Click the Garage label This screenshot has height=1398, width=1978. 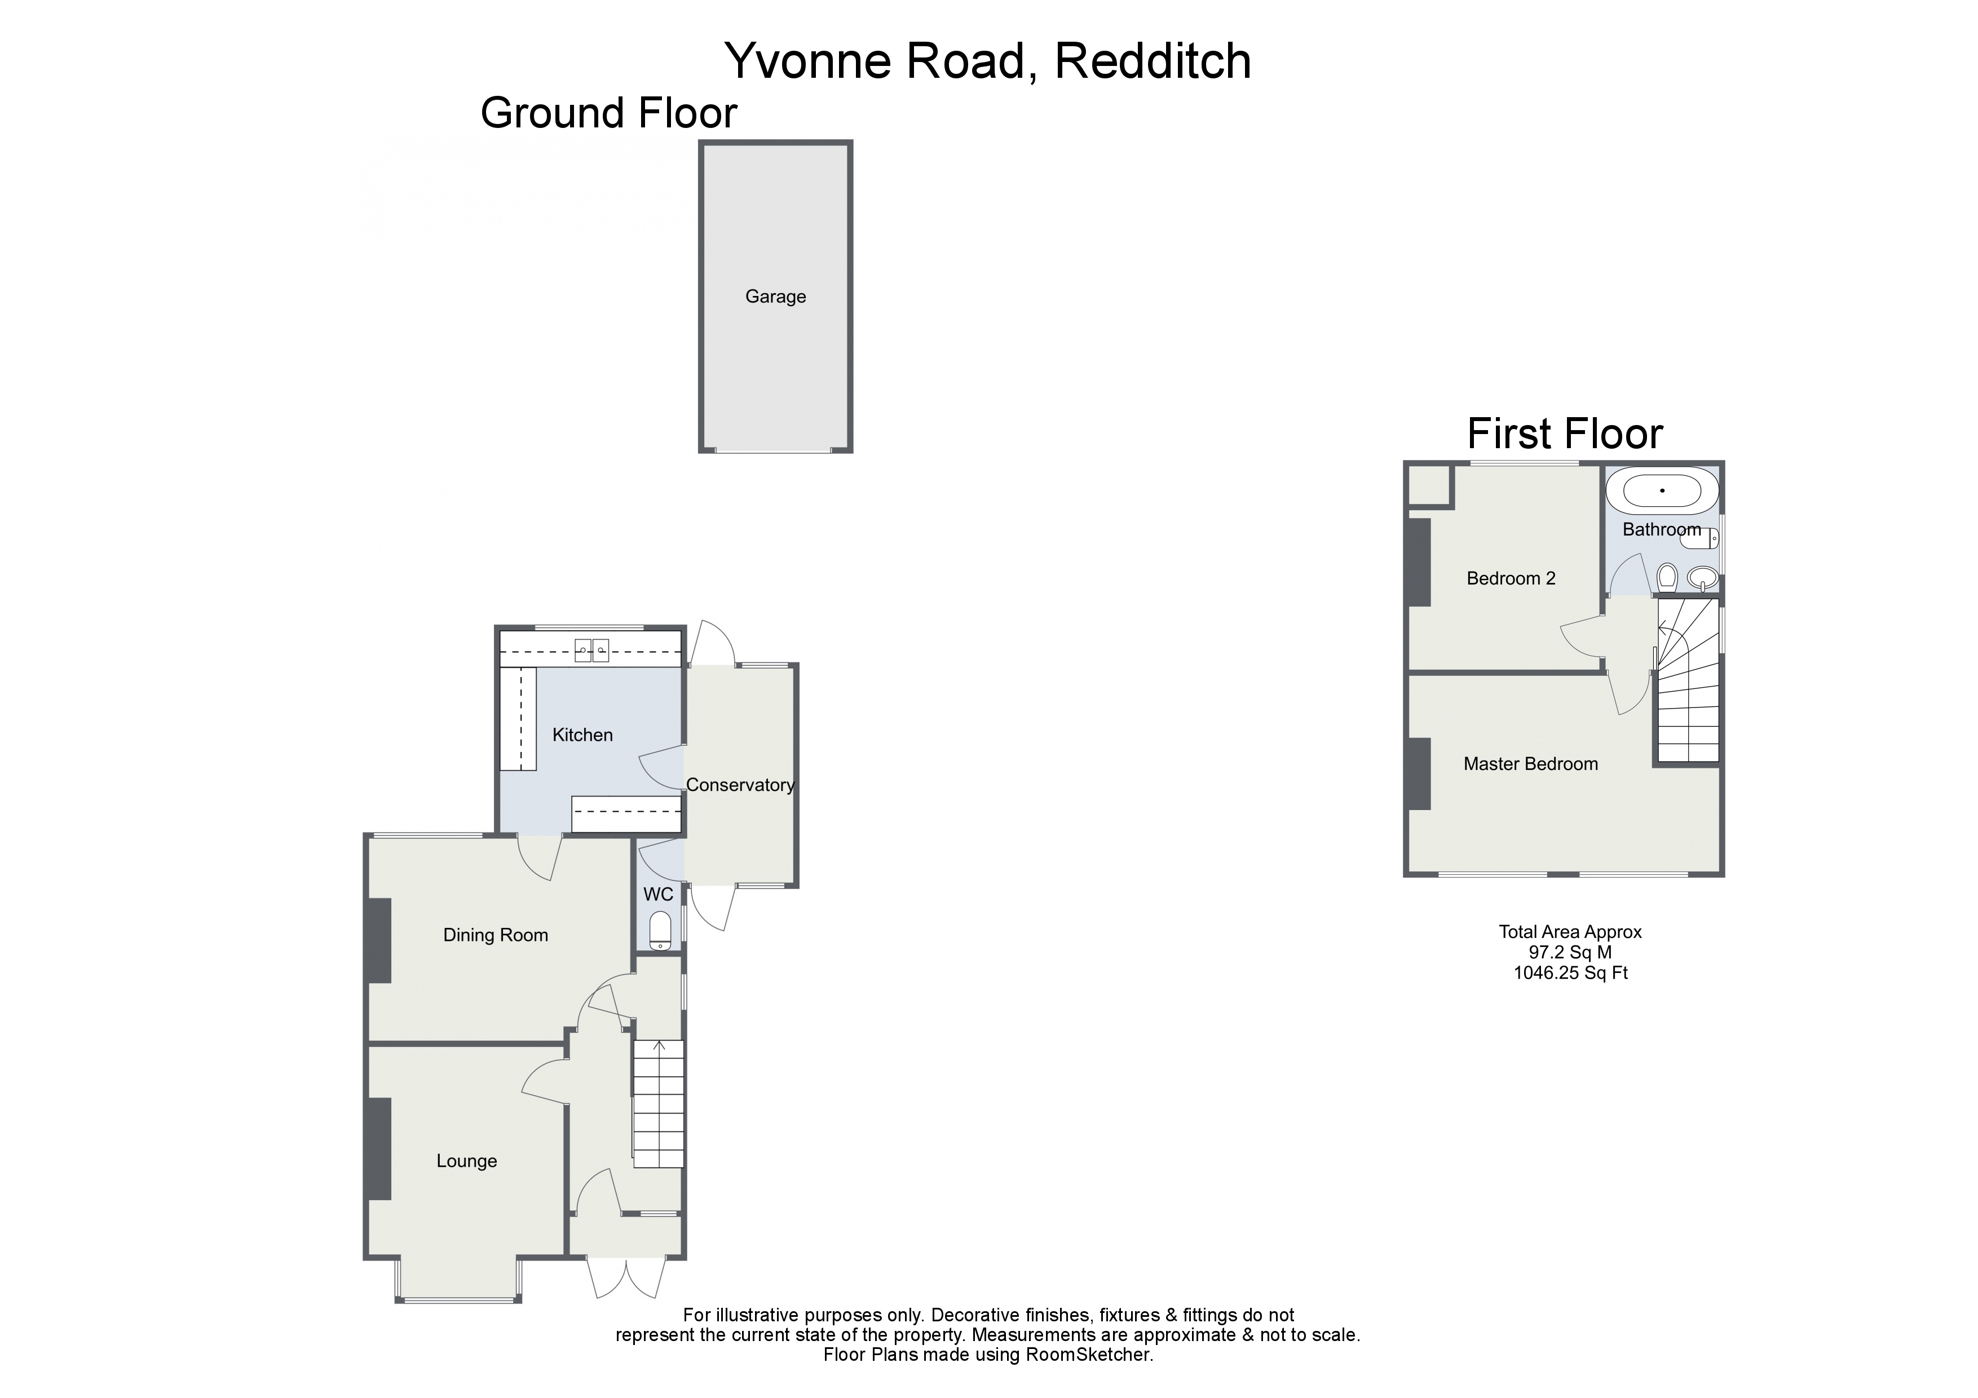pyautogui.click(x=775, y=297)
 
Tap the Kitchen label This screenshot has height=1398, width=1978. pyautogui.click(x=582, y=735)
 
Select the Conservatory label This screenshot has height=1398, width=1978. pyautogui.click(x=739, y=785)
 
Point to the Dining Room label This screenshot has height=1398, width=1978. pyautogui.click(x=496, y=935)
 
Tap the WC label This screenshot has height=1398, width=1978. pyautogui.click(x=658, y=894)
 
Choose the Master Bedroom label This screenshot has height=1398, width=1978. pyautogui.click(x=1530, y=763)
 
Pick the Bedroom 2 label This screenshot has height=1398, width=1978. pyautogui.click(x=1511, y=578)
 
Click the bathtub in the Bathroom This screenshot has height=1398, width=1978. pyautogui.click(x=1662, y=491)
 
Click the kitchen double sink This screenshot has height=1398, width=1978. pyautogui.click(x=593, y=649)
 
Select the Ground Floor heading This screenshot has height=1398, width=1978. pyautogui.click(x=608, y=113)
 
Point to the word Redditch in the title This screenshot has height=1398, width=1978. pyautogui.click(x=1152, y=60)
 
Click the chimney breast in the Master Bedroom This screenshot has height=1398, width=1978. pyautogui.click(x=1419, y=773)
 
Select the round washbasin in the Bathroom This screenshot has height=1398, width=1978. pyautogui.click(x=1702, y=577)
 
